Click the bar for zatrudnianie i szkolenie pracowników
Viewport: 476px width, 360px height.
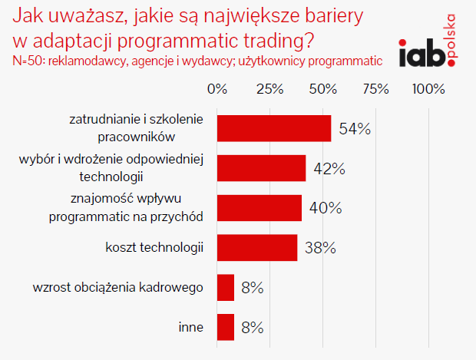coord(274,128)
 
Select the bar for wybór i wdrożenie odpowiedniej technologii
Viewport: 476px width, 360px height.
coord(262,168)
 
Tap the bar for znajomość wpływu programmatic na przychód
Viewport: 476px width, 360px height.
coord(259,208)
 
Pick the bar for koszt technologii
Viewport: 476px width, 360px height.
coord(257,247)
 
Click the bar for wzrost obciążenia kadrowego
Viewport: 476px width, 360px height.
coord(226,288)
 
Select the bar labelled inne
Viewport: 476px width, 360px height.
coord(226,327)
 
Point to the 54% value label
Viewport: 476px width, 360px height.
coord(355,129)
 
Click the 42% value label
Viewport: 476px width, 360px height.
coord(329,168)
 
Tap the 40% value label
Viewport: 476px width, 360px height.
coord(326,208)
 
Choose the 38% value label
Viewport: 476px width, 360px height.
coord(319,248)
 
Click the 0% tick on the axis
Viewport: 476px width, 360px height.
coord(218,89)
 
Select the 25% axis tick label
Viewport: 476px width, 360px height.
coord(270,89)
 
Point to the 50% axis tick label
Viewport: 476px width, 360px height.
coord(323,89)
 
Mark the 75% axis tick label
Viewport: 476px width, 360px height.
coord(375,89)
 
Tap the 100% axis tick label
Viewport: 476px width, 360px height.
coord(428,89)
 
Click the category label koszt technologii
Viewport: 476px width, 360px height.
coord(154,248)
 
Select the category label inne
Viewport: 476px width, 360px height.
coord(190,328)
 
